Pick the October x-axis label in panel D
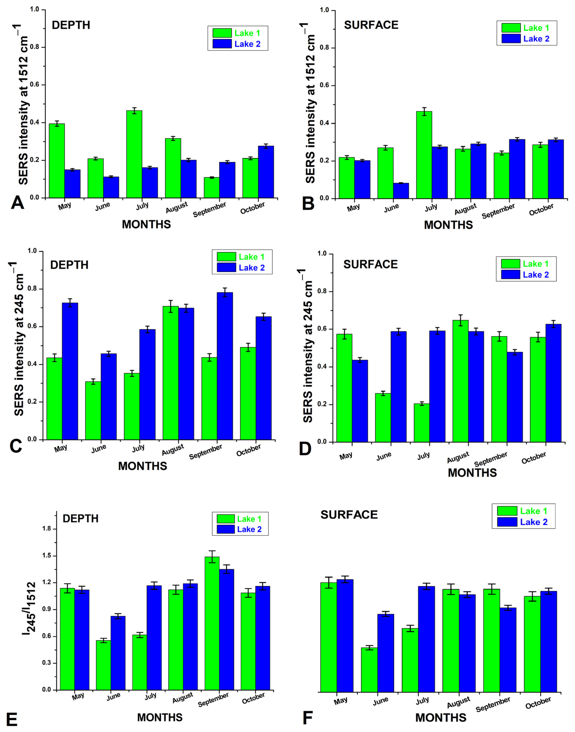534,458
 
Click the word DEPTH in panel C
69,265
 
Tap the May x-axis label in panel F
340,701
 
